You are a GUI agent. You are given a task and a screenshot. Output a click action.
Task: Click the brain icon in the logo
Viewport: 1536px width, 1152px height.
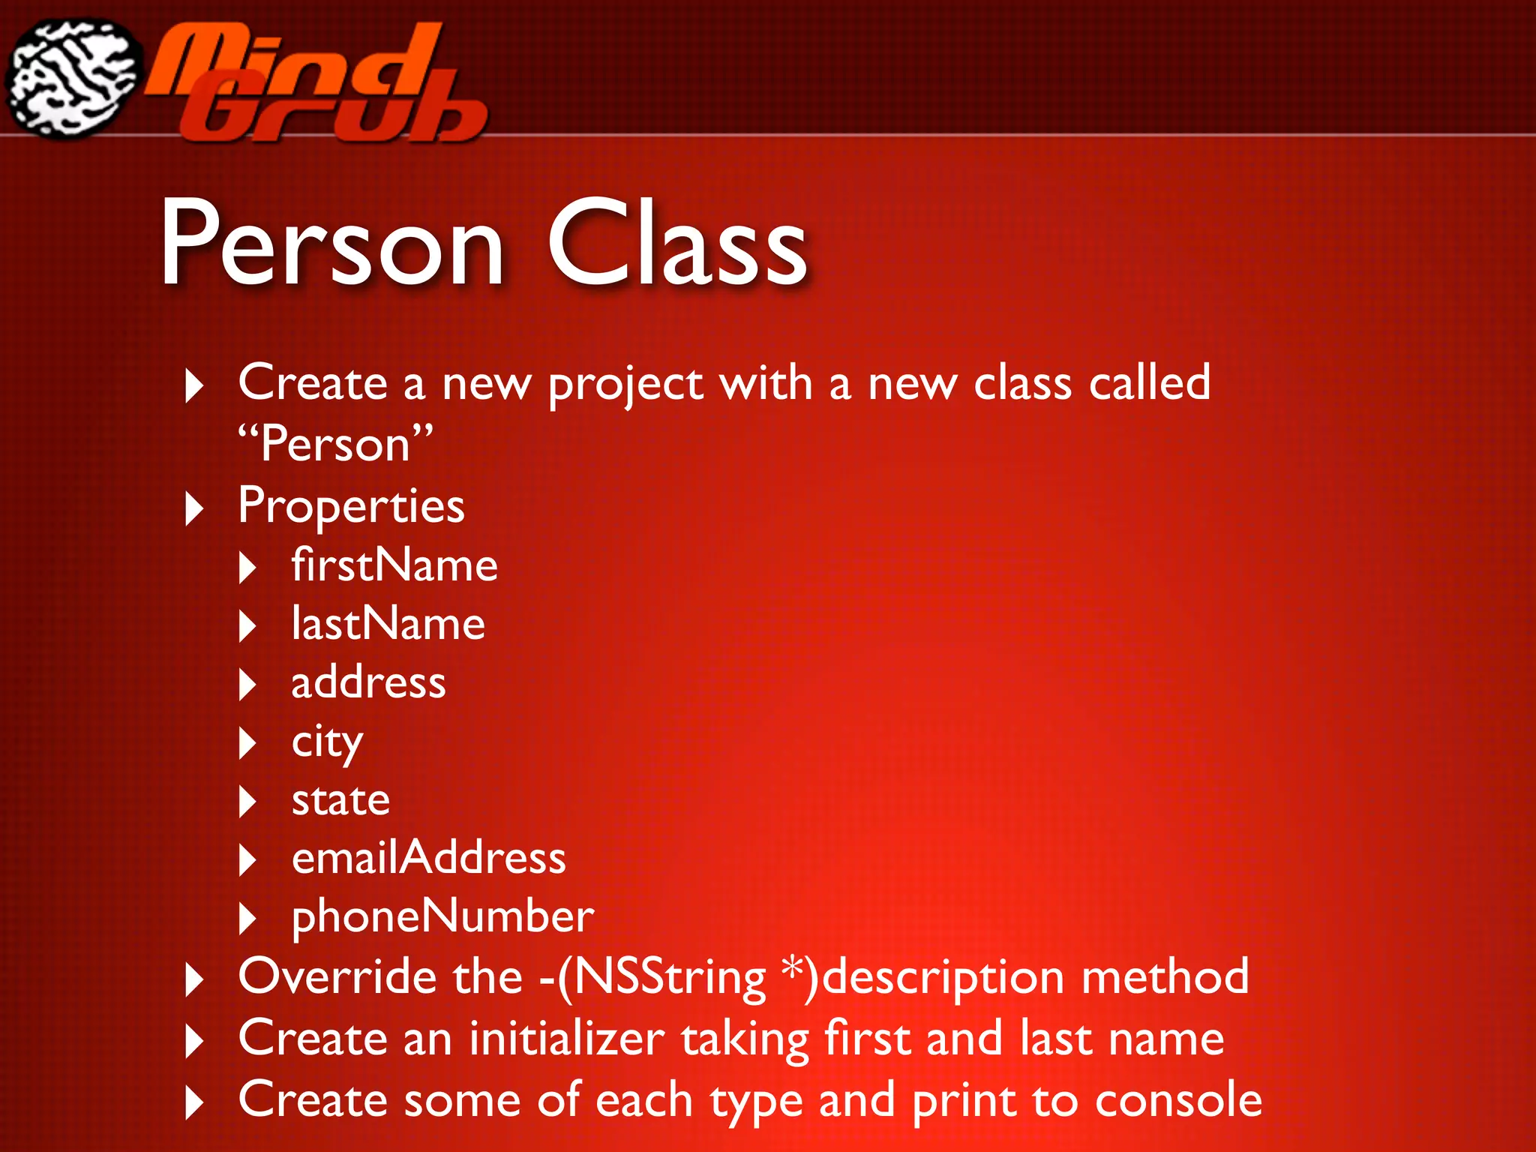[x=73, y=78]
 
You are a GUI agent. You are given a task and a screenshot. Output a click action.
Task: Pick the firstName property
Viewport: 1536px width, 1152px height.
[x=394, y=565]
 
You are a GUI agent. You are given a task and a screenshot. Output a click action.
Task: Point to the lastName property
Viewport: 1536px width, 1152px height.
[x=388, y=624]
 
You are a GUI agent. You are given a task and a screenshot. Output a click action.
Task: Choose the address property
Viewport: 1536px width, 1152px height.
[x=368, y=682]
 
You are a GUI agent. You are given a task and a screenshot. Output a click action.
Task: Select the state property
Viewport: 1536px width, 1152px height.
[x=340, y=799]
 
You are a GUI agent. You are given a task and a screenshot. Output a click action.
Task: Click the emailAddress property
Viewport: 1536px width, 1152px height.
[x=428, y=858]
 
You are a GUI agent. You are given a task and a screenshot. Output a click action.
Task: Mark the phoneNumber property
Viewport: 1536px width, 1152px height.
[x=442, y=916]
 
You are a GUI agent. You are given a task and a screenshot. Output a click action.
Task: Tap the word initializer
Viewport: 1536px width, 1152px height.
[x=567, y=1039]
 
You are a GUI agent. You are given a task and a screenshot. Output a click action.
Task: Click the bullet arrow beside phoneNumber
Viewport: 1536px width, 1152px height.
[x=247, y=919]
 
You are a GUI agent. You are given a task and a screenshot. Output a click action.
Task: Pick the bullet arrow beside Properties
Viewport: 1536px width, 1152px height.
[x=193, y=509]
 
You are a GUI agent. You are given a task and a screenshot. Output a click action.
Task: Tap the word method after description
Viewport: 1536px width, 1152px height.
[x=1165, y=976]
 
